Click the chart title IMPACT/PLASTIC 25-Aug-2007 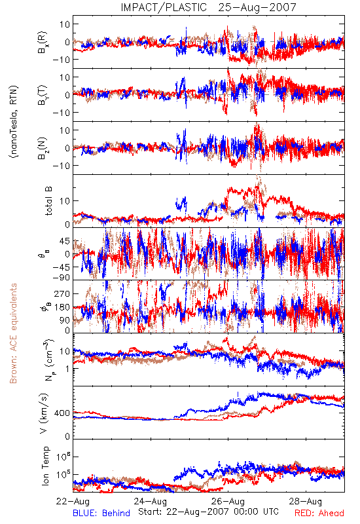[x=208, y=7]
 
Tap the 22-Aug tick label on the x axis [x=73, y=502]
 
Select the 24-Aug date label [x=151, y=502]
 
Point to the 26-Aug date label [x=228, y=502]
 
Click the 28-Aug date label [x=306, y=502]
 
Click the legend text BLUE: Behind [x=101, y=514]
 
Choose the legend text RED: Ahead [x=319, y=514]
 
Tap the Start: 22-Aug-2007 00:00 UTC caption [x=208, y=512]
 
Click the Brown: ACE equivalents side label [x=13, y=333]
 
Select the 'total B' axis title [x=48, y=201]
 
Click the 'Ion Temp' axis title [x=45, y=466]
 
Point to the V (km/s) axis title [x=44, y=413]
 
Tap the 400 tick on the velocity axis [x=62, y=413]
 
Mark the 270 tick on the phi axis [x=62, y=293]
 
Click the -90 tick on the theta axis [x=62, y=278]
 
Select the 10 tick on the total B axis [x=65, y=201]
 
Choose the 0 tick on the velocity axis [x=67, y=436]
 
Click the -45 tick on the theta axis [x=62, y=267]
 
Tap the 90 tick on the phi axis [x=65, y=320]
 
